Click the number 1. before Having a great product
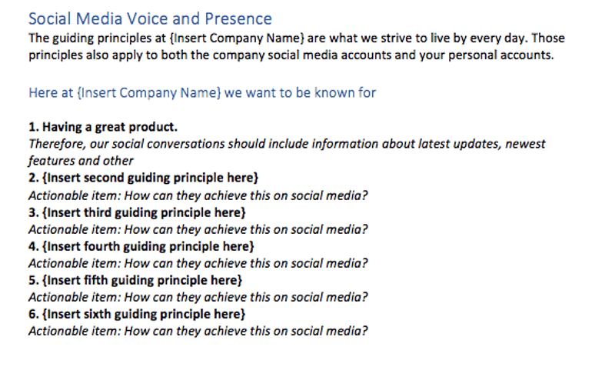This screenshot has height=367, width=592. pyautogui.click(x=33, y=127)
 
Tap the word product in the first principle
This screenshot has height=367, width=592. pyautogui.click(x=154, y=127)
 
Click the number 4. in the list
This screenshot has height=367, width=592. pyautogui.click(x=33, y=245)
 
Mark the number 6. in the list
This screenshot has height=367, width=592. pyautogui.click(x=33, y=313)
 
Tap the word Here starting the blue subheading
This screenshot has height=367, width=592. pyautogui.click(x=42, y=93)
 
